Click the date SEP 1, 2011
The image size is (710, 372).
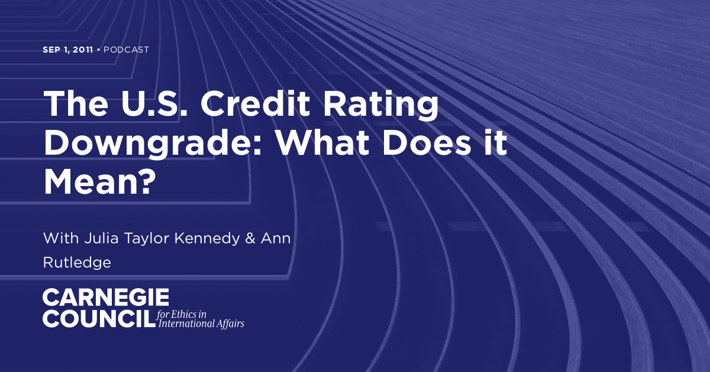pos(67,50)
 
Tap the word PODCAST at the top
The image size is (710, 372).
pos(127,50)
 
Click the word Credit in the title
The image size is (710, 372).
pos(255,105)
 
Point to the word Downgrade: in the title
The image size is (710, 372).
pos(159,144)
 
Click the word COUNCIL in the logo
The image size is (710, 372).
pos(98,319)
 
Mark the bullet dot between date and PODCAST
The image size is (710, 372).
pos(98,50)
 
